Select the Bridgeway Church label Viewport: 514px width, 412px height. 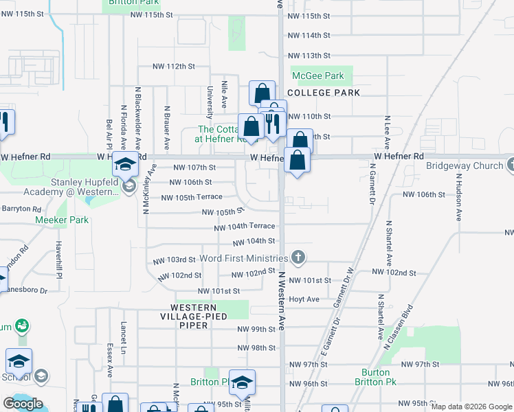(x=465, y=165)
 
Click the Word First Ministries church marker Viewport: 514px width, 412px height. (x=298, y=258)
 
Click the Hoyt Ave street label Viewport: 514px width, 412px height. (x=304, y=299)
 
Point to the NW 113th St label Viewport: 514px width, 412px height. (x=309, y=56)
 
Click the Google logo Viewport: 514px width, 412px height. (x=23, y=404)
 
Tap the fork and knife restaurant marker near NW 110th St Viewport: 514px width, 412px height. (x=273, y=124)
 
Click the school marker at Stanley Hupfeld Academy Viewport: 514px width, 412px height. (x=125, y=165)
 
